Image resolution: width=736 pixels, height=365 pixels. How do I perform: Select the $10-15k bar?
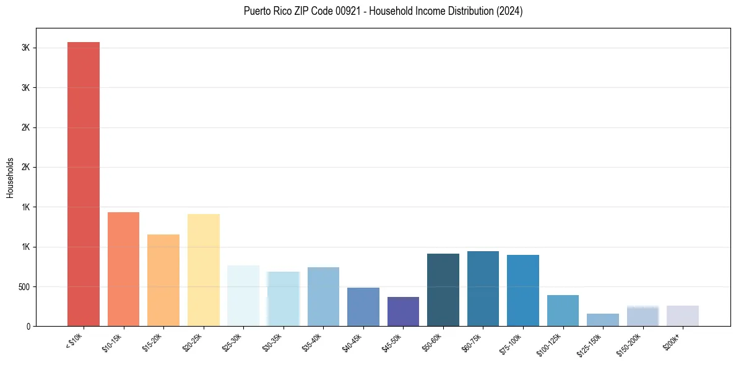click(x=123, y=269)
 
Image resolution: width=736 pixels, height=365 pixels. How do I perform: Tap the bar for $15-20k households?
click(x=163, y=280)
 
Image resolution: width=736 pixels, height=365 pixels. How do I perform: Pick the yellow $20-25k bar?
click(x=204, y=270)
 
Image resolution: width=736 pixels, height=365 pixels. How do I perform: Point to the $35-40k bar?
click(x=323, y=296)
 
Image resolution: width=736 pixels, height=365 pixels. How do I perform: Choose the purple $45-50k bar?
click(x=403, y=311)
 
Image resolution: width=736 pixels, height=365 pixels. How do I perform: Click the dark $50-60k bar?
click(x=443, y=290)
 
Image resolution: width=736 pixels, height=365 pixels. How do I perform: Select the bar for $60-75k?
click(x=483, y=288)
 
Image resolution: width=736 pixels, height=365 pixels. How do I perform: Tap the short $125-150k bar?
click(x=603, y=320)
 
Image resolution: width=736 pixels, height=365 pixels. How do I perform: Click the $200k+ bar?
click(x=683, y=316)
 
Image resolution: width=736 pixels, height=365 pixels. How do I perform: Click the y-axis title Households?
click(x=10, y=177)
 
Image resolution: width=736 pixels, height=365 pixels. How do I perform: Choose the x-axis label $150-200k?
click(x=631, y=343)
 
